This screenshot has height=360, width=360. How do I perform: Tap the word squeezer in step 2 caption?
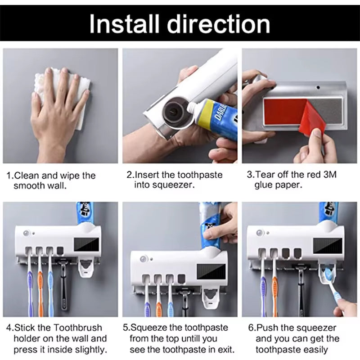[x=174, y=185]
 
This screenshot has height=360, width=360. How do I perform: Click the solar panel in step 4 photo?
[x=85, y=245]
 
